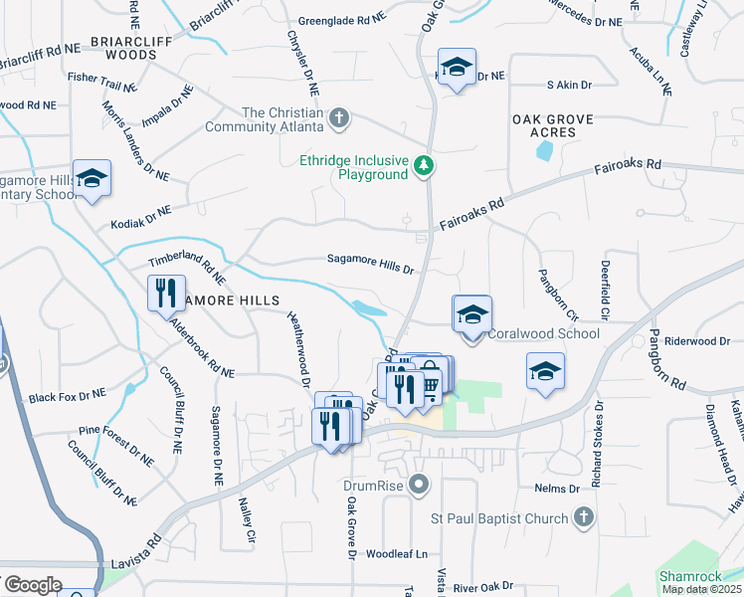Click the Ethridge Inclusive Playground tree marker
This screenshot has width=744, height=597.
pyautogui.click(x=425, y=165)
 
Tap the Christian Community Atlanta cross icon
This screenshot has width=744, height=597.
pyautogui.click(x=339, y=119)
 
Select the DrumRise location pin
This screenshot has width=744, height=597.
pyautogui.click(x=420, y=486)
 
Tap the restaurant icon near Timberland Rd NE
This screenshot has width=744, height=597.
pyautogui.click(x=164, y=293)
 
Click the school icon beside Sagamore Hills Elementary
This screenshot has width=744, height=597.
pyautogui.click(x=92, y=179)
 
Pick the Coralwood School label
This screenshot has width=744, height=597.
pyautogui.click(x=543, y=333)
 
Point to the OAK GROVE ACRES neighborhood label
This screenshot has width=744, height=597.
pyautogui.click(x=552, y=125)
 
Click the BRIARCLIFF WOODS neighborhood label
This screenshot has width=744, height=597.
pyautogui.click(x=137, y=49)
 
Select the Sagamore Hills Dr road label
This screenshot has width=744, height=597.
pyautogui.click(x=370, y=264)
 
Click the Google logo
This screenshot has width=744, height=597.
pyautogui.click(x=33, y=585)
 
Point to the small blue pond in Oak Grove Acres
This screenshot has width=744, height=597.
pyautogui.click(x=544, y=151)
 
